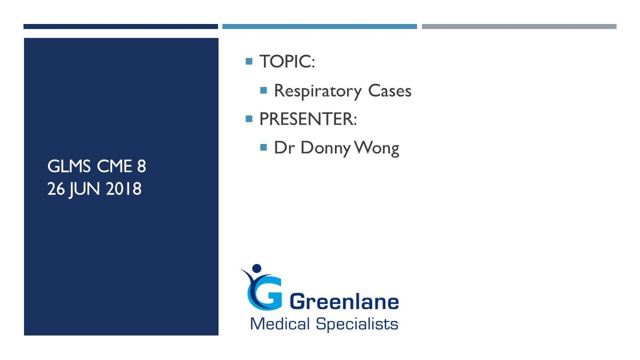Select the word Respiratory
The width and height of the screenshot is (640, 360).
(x=318, y=91)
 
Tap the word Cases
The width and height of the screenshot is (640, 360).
(x=390, y=91)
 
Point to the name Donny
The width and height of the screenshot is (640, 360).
(x=326, y=149)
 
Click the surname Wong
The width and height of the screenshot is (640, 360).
(x=377, y=149)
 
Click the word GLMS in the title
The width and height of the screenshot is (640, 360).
(x=69, y=166)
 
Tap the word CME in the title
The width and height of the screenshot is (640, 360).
(x=114, y=166)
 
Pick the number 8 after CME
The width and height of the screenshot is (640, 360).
(x=141, y=166)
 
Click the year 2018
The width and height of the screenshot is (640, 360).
(x=123, y=189)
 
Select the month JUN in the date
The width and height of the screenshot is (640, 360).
(x=84, y=190)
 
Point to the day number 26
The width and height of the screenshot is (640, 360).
(x=55, y=189)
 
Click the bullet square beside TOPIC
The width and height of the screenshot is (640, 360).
(x=249, y=61)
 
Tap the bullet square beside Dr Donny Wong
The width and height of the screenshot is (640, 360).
(x=263, y=147)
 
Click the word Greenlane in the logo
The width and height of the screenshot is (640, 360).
(x=344, y=301)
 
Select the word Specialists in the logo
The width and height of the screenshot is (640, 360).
(x=357, y=325)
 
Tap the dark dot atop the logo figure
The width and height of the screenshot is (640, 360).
(x=257, y=268)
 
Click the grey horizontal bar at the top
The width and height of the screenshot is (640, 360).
(x=519, y=27)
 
